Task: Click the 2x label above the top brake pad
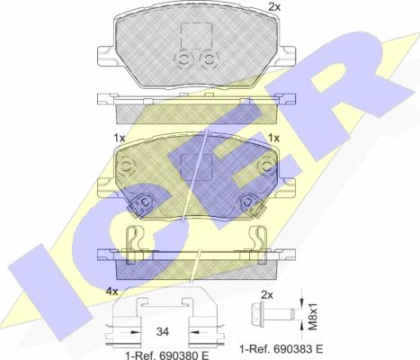[274, 6]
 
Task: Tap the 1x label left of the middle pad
[119, 138]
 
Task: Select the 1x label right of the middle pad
[273, 138]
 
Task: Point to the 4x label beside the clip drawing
[112, 292]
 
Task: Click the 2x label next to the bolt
[267, 295]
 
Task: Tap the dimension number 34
[163, 331]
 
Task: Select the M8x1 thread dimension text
[313, 316]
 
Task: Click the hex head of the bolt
[257, 315]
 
